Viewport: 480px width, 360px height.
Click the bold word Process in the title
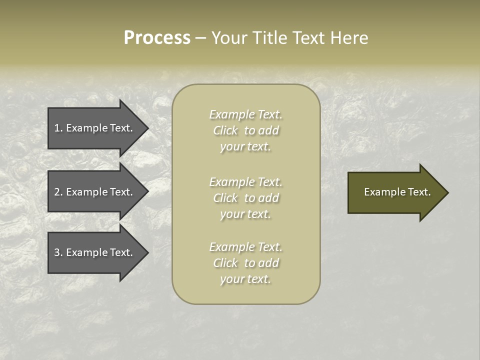point(157,38)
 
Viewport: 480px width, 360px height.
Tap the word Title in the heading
point(268,38)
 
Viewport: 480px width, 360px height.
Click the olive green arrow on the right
point(395,192)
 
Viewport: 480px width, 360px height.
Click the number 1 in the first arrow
point(57,128)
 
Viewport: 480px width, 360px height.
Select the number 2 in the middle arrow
point(57,192)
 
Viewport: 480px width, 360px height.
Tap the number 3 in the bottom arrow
point(57,252)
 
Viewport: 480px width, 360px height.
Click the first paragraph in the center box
point(246,130)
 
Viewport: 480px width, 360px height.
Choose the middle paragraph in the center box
point(246,198)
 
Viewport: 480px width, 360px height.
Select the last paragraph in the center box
point(246,263)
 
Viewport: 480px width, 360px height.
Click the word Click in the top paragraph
point(225,130)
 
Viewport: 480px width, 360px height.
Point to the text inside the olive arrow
point(397,192)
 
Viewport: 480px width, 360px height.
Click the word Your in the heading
point(229,38)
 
